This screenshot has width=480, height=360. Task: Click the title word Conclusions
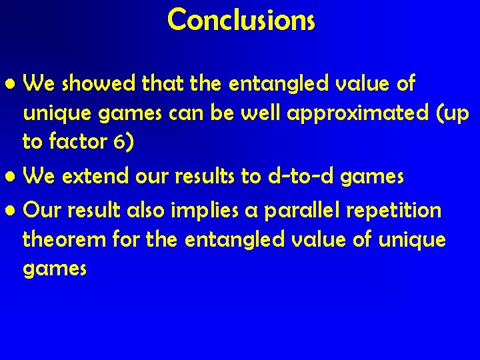point(241,19)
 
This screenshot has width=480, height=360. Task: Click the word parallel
point(301,211)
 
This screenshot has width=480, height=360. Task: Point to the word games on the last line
point(55,269)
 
